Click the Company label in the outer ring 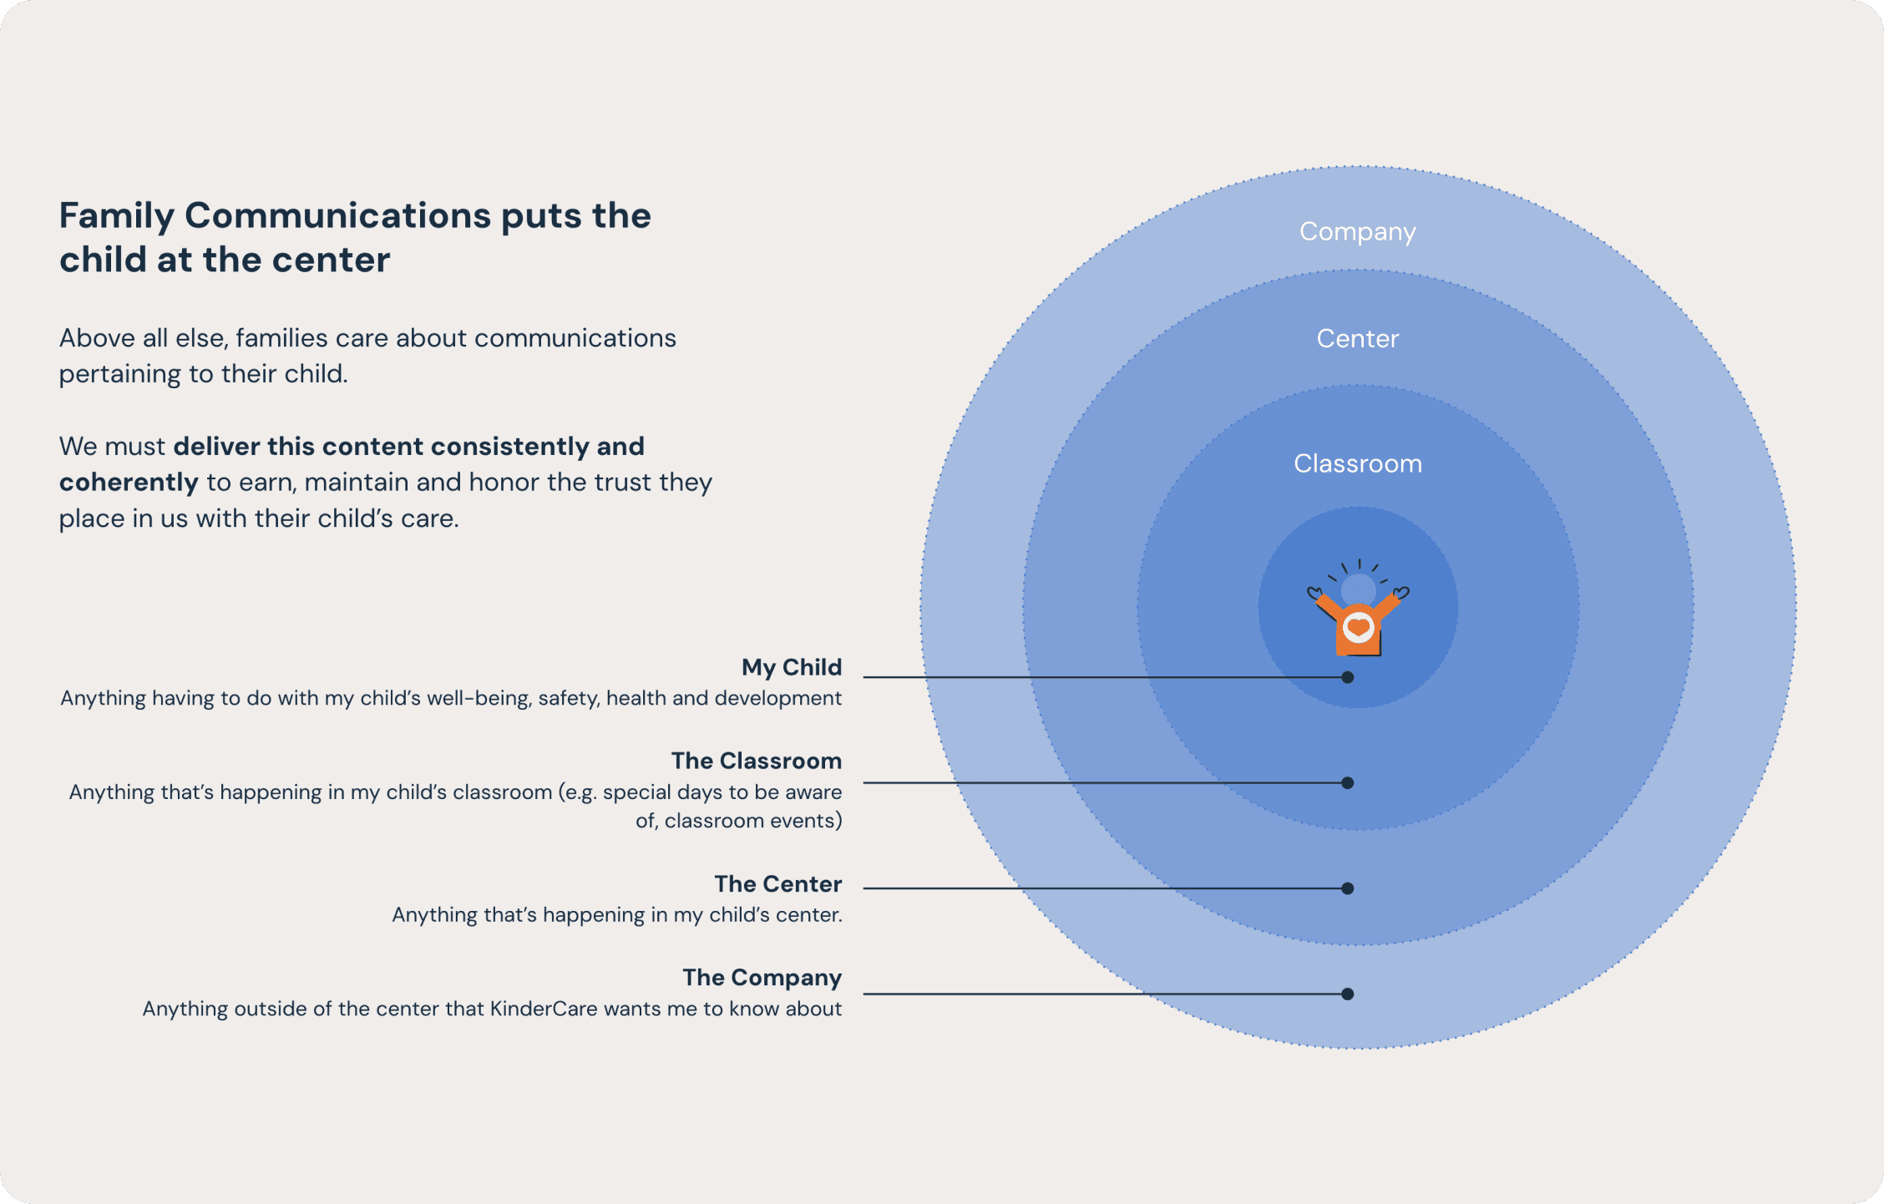[x=1357, y=231]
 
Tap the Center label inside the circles [x=1357, y=338]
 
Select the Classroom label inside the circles [x=1357, y=463]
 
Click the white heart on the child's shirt [x=1359, y=627]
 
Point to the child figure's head [x=1359, y=589]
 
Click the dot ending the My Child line [x=1347, y=677]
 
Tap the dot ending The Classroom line [x=1347, y=782]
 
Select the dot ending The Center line [x=1347, y=888]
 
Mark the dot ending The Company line [x=1347, y=994]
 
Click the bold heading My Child [x=791, y=667]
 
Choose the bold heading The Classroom [x=756, y=761]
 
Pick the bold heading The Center [x=777, y=883]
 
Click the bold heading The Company [x=762, y=977]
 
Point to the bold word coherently [x=129, y=483]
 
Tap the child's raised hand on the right [x=1400, y=593]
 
